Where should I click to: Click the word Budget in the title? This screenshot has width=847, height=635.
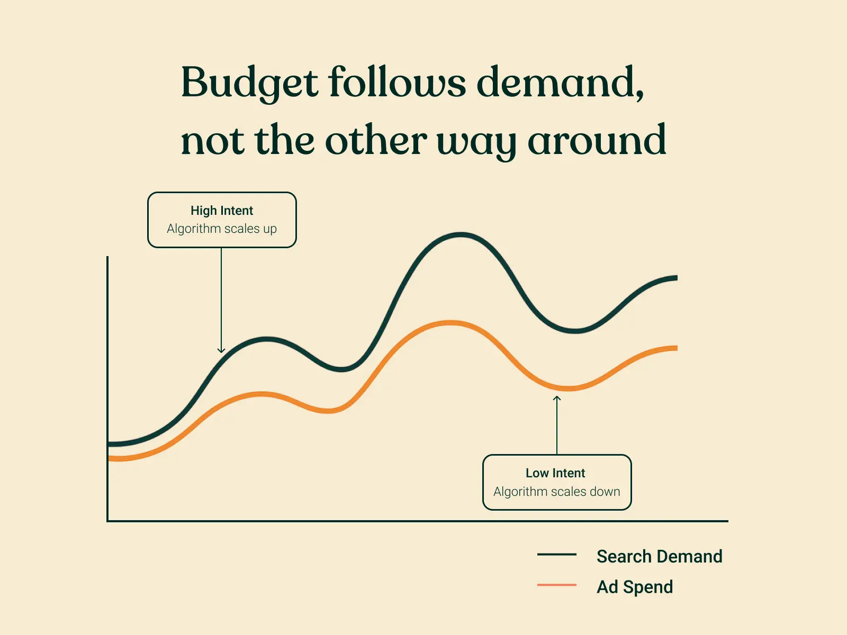point(249,83)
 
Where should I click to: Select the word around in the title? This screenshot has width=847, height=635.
point(597,140)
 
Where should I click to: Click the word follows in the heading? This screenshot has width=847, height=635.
point(398,83)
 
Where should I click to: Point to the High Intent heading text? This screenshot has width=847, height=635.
point(222,211)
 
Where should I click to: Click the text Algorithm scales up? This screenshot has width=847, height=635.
point(222,229)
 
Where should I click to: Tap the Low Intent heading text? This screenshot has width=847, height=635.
point(555,473)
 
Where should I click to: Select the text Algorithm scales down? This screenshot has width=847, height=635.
point(556,492)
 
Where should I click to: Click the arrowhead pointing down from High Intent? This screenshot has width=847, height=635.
point(221,350)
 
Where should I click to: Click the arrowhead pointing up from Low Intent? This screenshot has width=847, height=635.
point(557,398)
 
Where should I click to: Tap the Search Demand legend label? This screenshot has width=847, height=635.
point(659,557)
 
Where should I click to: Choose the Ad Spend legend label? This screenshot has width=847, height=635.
point(635,587)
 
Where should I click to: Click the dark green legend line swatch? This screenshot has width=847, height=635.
point(557,555)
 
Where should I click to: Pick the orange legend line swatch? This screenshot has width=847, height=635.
point(557,585)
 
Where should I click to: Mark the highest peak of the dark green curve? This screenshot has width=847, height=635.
point(461,235)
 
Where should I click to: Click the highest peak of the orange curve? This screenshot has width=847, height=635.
point(450,323)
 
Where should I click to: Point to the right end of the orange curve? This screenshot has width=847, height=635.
point(675,348)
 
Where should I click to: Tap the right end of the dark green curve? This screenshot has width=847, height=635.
point(675,278)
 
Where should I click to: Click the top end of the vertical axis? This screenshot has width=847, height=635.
point(107,258)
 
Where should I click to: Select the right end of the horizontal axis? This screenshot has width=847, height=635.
point(727,521)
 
